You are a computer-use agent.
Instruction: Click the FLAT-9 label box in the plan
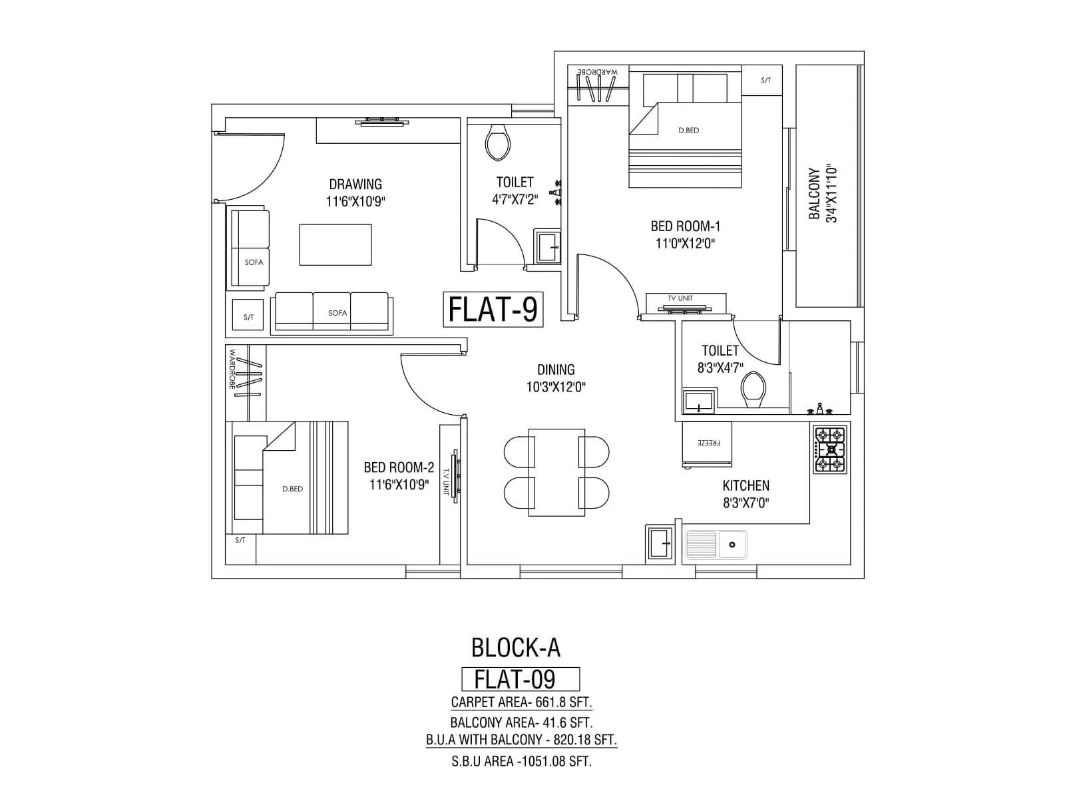point(493,309)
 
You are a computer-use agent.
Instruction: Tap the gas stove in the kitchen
point(830,450)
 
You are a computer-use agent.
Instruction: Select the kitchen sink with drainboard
point(716,545)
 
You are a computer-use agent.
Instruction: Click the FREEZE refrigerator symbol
point(706,443)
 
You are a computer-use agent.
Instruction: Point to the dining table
point(556,472)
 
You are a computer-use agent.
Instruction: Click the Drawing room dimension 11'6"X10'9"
point(355,202)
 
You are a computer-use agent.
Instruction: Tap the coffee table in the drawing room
point(335,245)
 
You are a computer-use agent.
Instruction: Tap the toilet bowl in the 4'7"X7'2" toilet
point(497,142)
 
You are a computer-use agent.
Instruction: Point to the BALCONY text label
point(814,193)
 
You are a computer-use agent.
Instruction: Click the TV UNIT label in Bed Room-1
point(680,298)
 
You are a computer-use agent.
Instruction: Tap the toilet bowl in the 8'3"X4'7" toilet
point(753,390)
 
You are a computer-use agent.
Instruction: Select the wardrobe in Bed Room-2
point(246,382)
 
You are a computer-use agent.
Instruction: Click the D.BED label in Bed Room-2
point(292,489)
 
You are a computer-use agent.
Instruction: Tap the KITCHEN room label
point(745,486)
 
